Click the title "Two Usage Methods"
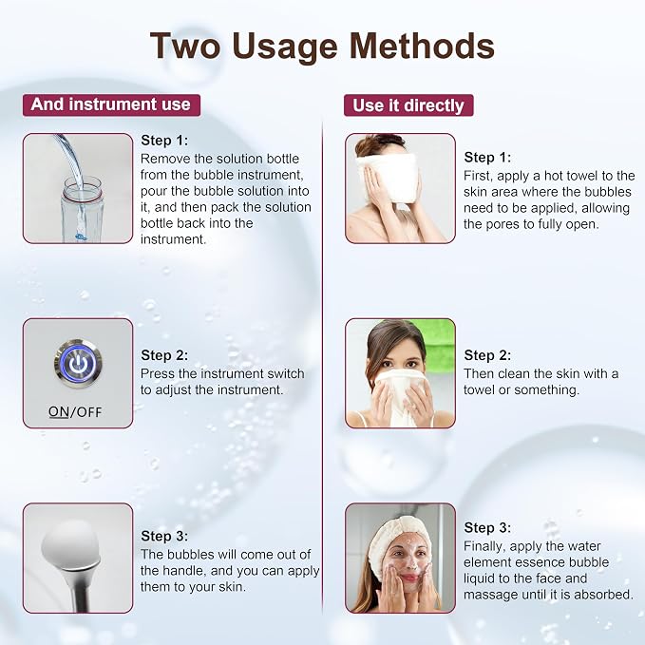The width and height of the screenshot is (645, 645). [322, 46]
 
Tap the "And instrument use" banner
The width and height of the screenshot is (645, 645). [111, 104]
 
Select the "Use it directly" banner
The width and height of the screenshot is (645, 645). [408, 105]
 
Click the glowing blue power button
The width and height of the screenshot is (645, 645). [78, 363]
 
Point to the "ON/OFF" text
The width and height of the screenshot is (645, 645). [75, 411]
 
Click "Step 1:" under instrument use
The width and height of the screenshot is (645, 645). [164, 141]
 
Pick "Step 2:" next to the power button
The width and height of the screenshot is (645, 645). [164, 355]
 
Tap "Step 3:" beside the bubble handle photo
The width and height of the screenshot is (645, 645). [164, 536]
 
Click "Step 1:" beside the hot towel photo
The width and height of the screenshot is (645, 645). [487, 157]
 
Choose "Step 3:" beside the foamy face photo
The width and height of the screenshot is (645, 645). [487, 528]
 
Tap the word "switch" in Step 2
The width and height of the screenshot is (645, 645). [286, 373]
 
